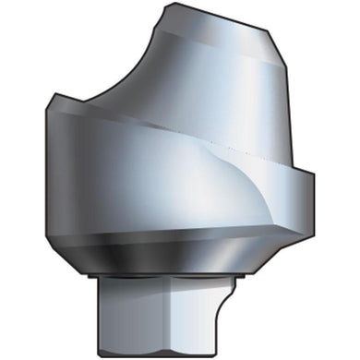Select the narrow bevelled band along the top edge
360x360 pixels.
click(x=222, y=21)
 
